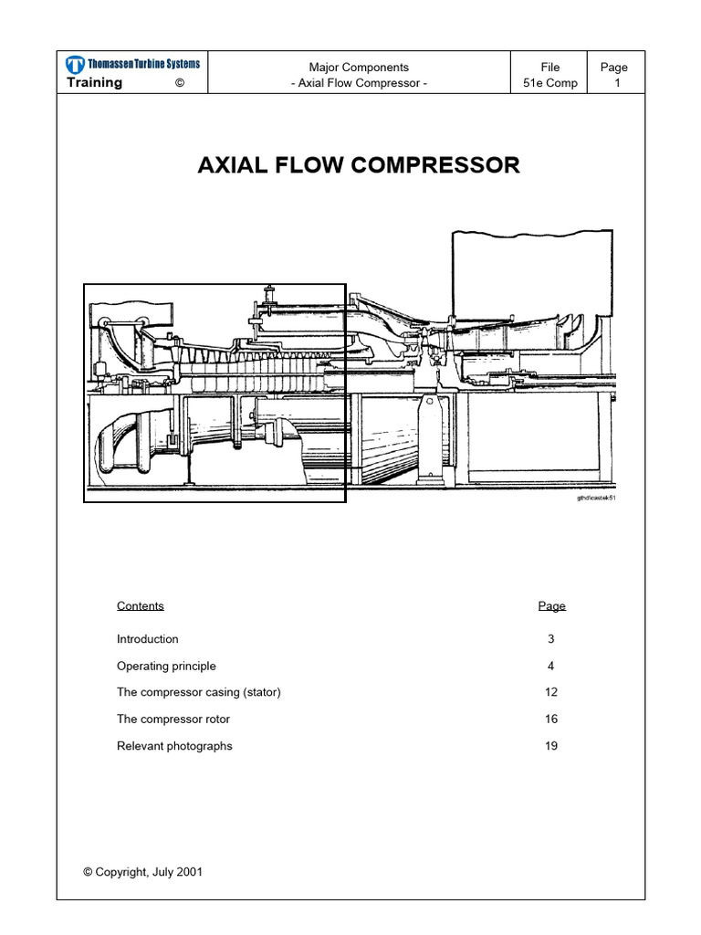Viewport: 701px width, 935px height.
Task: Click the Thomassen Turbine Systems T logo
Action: point(75,65)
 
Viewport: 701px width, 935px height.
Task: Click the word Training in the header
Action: point(94,83)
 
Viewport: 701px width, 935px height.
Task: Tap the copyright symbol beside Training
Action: point(180,83)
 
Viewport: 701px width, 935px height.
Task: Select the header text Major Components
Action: point(359,68)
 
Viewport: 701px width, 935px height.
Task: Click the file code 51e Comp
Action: point(550,83)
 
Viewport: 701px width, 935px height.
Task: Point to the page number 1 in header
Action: point(618,83)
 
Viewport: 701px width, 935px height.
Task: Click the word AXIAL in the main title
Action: point(233,165)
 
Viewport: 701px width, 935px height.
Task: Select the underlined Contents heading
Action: point(140,606)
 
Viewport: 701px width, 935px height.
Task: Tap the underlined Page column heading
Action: point(552,606)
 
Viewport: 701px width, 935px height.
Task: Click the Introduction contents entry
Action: point(147,639)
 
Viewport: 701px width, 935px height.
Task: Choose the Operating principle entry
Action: point(166,666)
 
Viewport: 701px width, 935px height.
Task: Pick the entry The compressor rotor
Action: point(173,720)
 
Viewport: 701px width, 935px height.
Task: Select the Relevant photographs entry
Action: point(174,746)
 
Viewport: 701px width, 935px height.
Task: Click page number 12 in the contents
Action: point(551,692)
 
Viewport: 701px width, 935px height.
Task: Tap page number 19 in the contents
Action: point(551,746)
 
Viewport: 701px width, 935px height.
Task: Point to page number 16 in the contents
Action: point(551,720)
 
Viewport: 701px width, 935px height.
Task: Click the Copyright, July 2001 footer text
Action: point(143,872)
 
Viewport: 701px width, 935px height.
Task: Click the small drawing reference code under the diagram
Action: point(596,498)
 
